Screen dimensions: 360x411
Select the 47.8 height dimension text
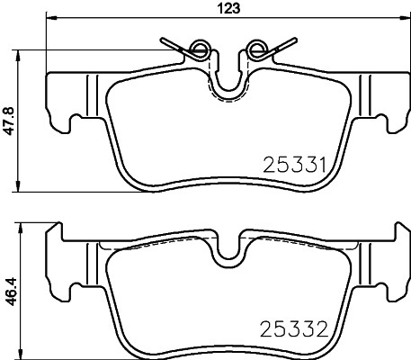[x=10, y=120]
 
